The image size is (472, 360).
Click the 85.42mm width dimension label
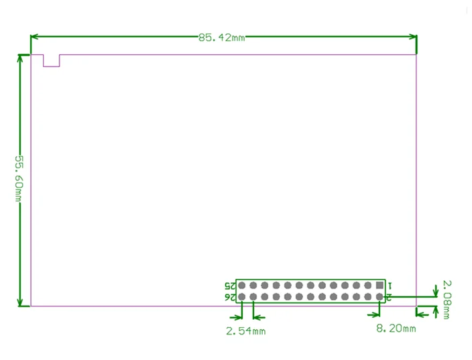point(221,38)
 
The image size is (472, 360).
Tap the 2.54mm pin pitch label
point(245,331)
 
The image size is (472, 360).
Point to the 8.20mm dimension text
point(396,328)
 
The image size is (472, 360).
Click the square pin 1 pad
point(379,285)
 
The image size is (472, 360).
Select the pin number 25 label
point(230,286)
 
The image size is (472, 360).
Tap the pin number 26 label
point(230,297)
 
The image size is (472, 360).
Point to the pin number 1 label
point(390,286)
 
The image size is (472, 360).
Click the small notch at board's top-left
point(52,60)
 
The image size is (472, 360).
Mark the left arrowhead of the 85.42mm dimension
point(36,37)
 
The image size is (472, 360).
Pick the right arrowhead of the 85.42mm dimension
point(412,37)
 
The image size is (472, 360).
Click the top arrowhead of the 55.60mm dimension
point(20,59)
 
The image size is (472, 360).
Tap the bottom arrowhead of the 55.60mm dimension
point(20,302)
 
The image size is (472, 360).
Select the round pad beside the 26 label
point(241,296)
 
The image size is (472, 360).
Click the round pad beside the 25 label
point(241,285)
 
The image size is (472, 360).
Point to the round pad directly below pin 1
point(379,296)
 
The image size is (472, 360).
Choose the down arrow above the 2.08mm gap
point(437,291)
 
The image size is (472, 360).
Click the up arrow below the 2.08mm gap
point(437,311)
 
